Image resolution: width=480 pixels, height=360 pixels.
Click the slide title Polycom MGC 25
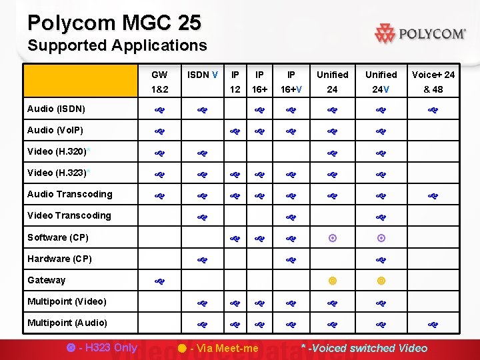pos(114,23)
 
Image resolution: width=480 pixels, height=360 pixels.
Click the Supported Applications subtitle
pos(117,46)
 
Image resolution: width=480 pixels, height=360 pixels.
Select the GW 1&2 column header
pos(159,81)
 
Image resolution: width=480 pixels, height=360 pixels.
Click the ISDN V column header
pos(203,75)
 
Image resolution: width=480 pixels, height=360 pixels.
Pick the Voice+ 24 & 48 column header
pos(433,81)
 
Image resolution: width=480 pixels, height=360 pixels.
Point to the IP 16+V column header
pos(291,81)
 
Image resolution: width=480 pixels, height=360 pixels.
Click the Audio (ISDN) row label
pos(56,109)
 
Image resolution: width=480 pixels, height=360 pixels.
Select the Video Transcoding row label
pos(69,215)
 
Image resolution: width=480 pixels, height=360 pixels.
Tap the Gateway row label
pos(47,280)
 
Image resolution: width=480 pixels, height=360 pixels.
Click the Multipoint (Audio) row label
pos(68,323)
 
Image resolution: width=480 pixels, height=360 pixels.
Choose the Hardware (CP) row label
pos(60,259)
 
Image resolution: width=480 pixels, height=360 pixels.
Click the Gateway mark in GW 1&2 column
pos(159,281)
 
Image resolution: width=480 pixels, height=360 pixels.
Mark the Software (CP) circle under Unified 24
pos(332,237)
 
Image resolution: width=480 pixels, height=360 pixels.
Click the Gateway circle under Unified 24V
pos(381,281)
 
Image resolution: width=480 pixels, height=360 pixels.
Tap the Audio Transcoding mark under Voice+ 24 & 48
pos(433,195)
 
